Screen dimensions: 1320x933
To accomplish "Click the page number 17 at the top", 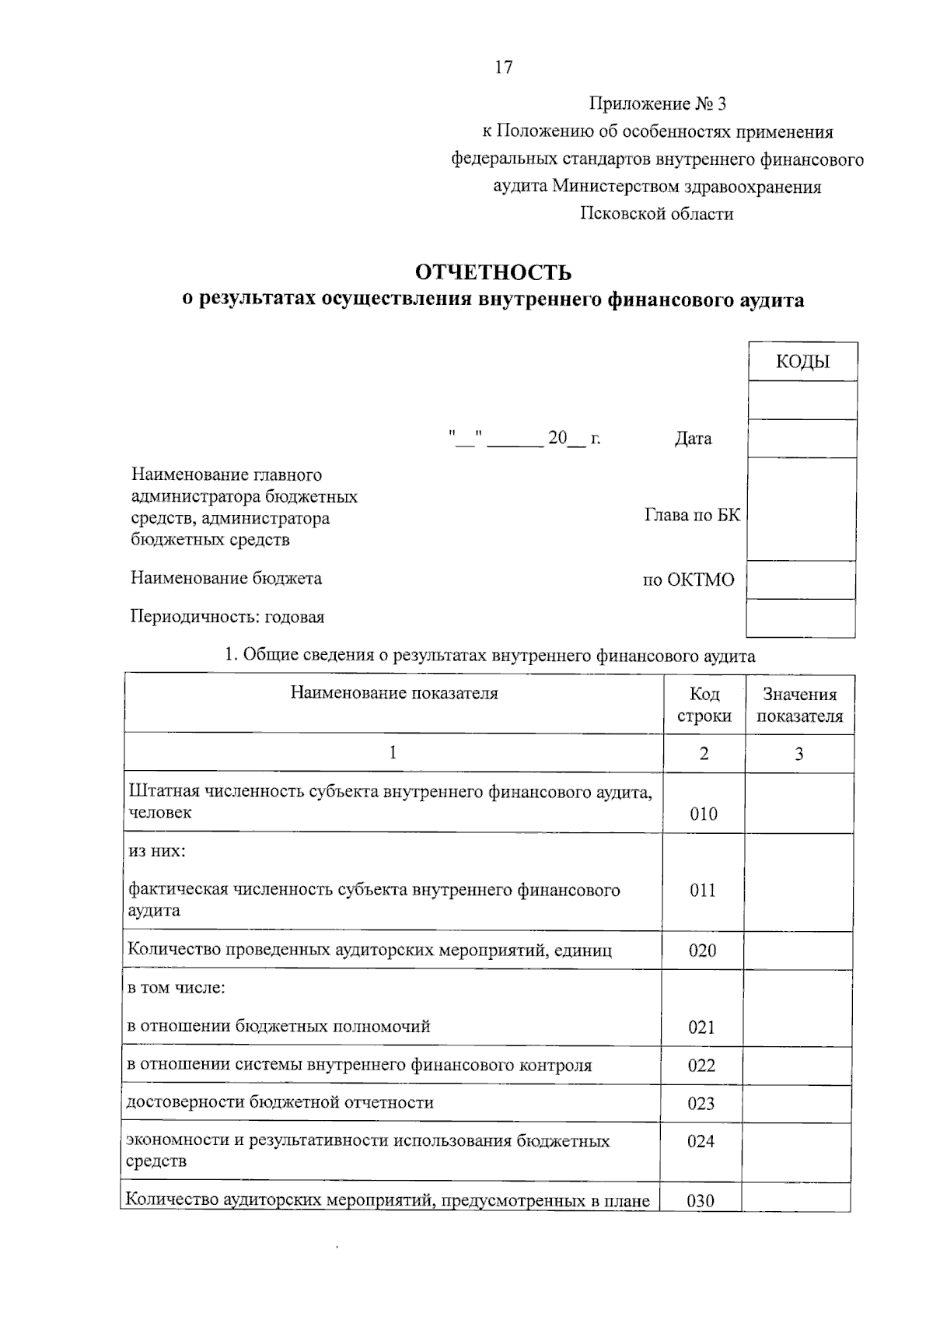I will tap(504, 68).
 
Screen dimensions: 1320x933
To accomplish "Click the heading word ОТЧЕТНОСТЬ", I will tap(493, 272).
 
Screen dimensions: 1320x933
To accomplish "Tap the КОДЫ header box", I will tap(802, 362).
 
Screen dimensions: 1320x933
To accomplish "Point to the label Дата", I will tap(693, 439).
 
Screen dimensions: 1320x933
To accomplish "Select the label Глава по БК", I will tap(692, 515).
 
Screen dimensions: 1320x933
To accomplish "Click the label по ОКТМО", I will tap(688, 579).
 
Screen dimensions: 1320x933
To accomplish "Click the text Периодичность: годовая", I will tap(227, 617).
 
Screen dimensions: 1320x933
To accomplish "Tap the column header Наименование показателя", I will tap(394, 693).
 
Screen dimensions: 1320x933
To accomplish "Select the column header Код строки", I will tap(704, 705).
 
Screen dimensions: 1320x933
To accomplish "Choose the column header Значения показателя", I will tap(799, 705).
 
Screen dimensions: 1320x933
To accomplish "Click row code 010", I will tap(704, 814).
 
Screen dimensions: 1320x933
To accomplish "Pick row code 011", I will tap(703, 890).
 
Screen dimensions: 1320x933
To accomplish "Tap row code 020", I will tap(702, 951).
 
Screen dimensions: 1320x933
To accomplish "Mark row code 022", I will tap(701, 1066).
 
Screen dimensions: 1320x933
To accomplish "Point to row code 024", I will tap(701, 1141).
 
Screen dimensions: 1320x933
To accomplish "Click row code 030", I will tap(701, 1200).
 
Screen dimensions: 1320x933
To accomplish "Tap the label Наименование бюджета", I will tap(226, 578).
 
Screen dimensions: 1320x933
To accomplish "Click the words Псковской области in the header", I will tap(657, 214).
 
